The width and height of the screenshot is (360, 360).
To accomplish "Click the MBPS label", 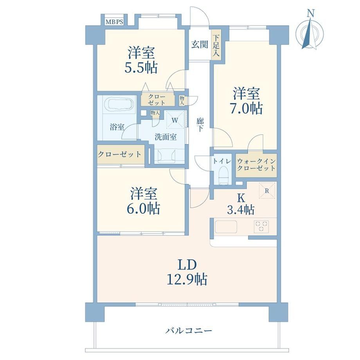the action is point(114,22).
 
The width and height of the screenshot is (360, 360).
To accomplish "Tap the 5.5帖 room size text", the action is point(141,68).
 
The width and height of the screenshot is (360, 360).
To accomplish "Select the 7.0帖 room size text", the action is point(247,108).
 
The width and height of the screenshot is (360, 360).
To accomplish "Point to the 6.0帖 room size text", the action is point(144,208).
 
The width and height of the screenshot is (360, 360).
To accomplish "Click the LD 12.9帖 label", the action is point(187,272).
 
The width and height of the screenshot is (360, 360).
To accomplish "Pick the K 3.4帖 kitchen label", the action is point(241,203).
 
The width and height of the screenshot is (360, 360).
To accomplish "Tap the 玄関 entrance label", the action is point(200,45).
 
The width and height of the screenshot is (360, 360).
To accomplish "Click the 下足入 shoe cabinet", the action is point(216,45).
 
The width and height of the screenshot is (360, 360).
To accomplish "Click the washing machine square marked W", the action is point(175,120).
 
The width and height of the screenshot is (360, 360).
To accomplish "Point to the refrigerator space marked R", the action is point(267,191).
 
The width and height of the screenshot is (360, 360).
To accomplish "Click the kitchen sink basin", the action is point(226,227).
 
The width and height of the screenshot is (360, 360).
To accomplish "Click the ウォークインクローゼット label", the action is point(256,165).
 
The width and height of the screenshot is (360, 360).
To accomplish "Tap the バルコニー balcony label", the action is point(189,331).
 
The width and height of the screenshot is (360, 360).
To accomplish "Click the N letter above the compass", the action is point(311,14).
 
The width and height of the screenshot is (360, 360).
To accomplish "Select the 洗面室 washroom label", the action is point(166,137).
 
